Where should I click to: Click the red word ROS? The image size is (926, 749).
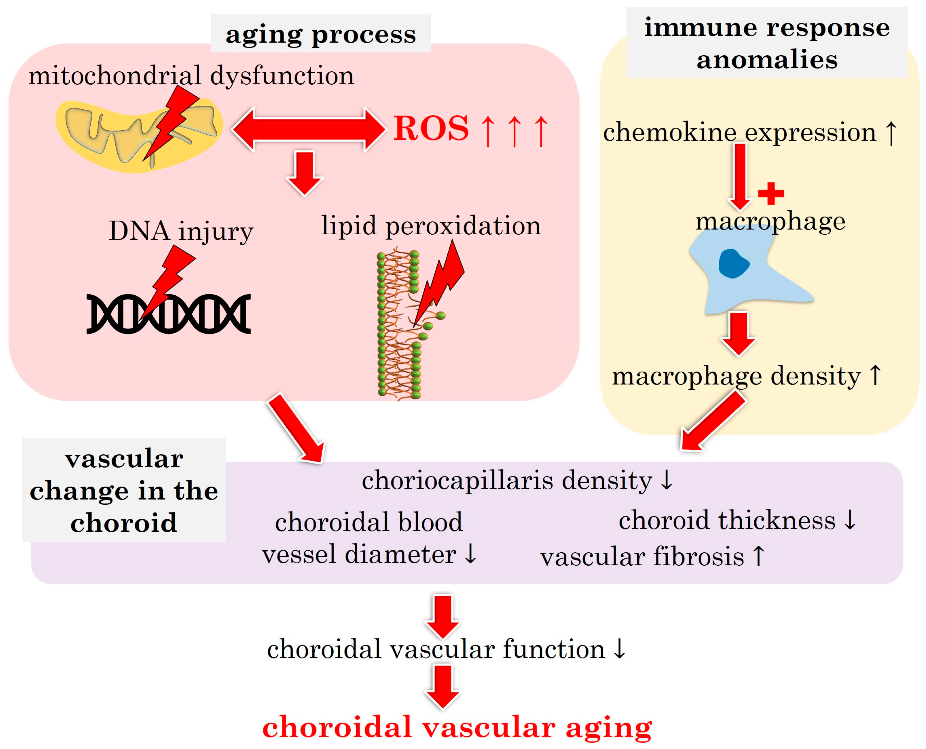tap(431, 129)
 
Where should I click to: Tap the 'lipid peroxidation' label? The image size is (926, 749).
tap(431, 226)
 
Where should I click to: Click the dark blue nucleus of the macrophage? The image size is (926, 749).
tap(733, 264)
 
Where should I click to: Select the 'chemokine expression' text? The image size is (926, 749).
tap(739, 132)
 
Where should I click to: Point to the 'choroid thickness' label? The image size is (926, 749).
tap(727, 520)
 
